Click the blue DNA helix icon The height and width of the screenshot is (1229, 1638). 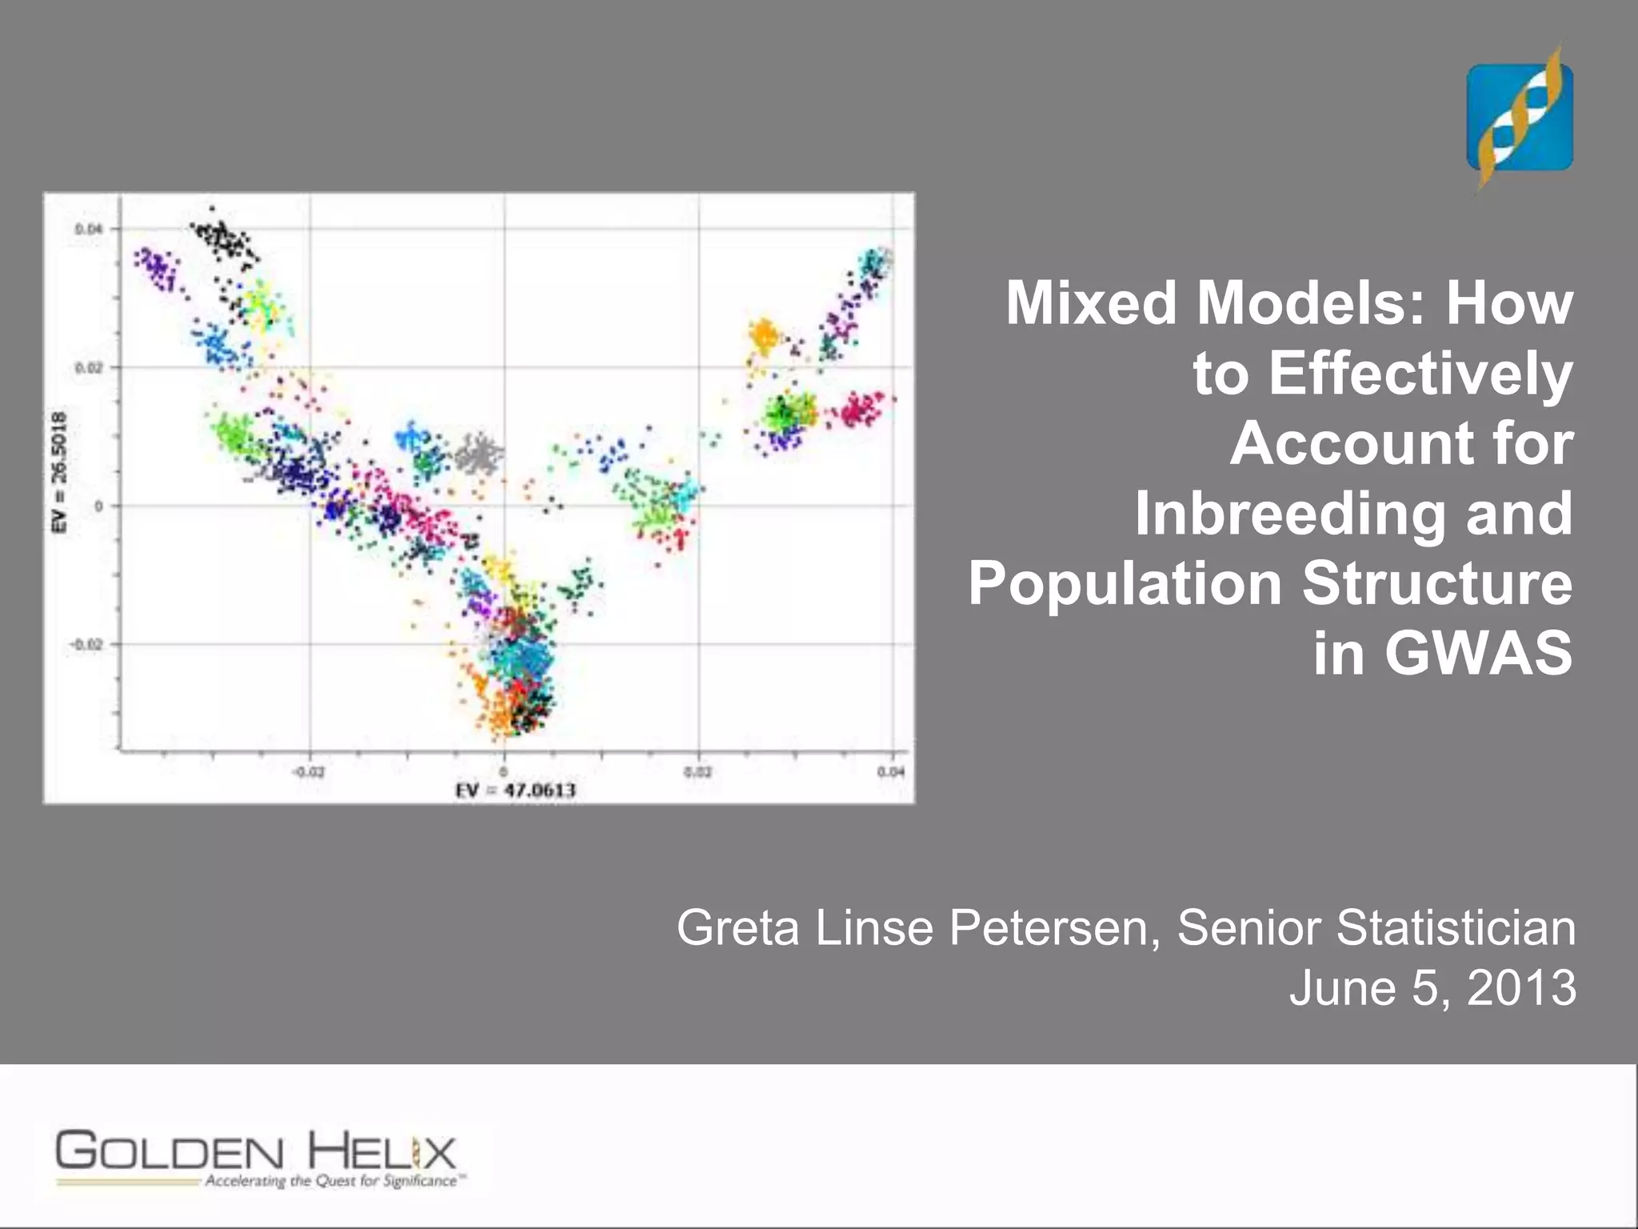1519,118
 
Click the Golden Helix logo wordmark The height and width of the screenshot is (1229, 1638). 256,1152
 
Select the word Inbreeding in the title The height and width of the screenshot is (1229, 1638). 1288,513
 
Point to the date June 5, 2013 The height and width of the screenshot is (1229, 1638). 1432,987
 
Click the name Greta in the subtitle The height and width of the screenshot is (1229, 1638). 737,928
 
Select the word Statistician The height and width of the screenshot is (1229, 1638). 1456,928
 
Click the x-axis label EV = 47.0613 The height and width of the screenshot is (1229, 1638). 515,791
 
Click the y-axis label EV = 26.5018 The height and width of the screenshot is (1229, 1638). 58,471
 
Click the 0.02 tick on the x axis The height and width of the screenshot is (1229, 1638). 697,771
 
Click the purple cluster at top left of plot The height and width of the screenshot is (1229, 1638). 157,268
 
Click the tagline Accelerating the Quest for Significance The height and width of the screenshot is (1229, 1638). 331,1181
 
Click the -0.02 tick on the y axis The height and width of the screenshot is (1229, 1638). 86,644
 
